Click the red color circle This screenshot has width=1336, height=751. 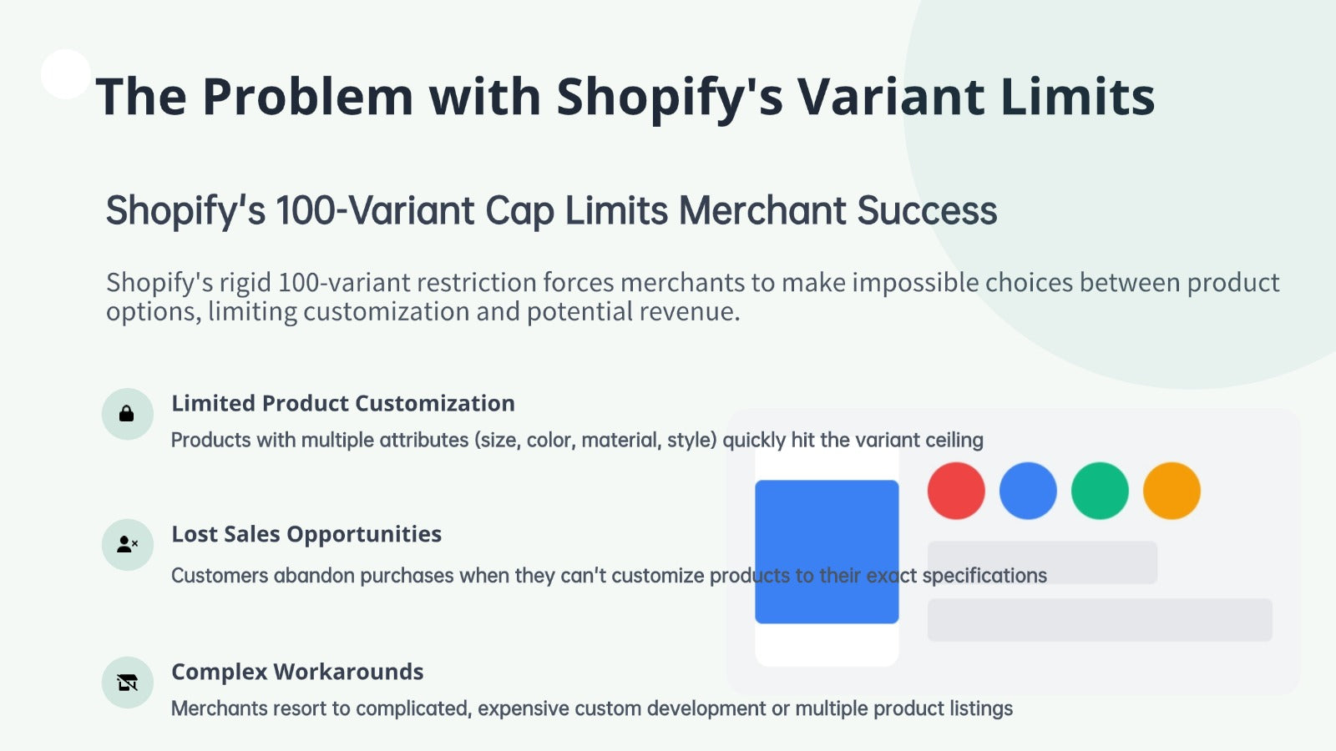coord(956,491)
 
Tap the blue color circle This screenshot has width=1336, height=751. coord(1028,491)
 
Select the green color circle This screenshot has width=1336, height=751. coord(1100,491)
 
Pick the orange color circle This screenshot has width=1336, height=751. coord(1172,491)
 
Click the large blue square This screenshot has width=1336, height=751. coord(827,552)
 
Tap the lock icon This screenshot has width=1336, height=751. coord(126,414)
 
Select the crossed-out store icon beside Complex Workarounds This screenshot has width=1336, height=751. coord(128,683)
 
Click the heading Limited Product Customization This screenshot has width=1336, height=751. coord(343,404)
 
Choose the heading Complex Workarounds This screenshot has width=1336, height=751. coord(297,672)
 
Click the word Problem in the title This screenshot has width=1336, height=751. coord(307,97)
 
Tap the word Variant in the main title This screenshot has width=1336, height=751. coord(892,97)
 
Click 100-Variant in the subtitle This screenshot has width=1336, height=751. coord(375,210)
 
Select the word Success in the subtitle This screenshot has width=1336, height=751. coord(927,210)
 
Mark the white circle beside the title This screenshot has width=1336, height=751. coord(66,74)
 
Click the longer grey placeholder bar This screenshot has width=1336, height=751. coord(1100,620)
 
